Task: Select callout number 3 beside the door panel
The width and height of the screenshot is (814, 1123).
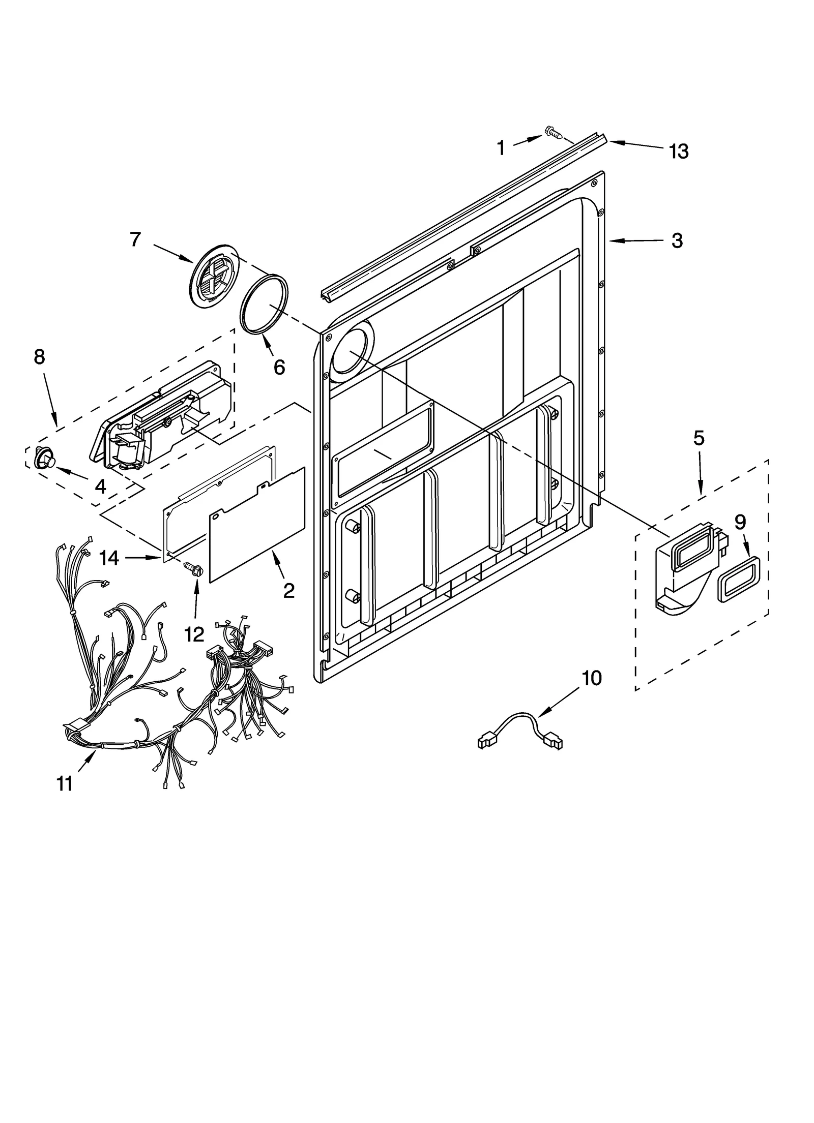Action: tap(677, 240)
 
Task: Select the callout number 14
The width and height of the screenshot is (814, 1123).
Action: tap(109, 558)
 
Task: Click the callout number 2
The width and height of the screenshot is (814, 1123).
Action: tap(288, 590)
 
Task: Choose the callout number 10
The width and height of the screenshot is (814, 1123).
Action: tap(591, 678)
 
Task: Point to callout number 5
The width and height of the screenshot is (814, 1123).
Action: tap(699, 438)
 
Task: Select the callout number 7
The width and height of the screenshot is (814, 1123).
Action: tap(135, 239)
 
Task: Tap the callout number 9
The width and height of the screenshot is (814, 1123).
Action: tap(740, 522)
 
